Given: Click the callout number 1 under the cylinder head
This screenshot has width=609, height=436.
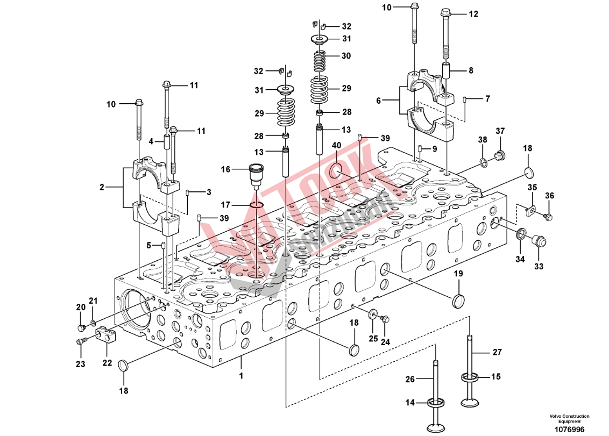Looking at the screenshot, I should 241,376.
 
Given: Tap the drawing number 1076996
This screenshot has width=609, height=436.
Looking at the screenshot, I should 569,428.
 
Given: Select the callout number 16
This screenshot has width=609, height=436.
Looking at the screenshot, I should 225,169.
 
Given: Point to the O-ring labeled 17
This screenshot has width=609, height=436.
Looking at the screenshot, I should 257,204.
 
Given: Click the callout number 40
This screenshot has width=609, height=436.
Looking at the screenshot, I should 336,145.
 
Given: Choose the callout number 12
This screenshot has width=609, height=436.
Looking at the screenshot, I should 473,15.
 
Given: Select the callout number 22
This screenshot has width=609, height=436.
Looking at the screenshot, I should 107,363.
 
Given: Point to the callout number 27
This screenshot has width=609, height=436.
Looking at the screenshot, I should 497,352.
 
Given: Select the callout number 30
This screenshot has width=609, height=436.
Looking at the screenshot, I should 346,56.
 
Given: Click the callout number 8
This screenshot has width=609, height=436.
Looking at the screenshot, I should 471,70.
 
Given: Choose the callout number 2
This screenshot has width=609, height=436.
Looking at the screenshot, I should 102,187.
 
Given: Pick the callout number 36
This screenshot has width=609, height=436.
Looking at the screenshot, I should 549,195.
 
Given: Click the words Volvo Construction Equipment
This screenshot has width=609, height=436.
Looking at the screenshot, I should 569,418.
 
